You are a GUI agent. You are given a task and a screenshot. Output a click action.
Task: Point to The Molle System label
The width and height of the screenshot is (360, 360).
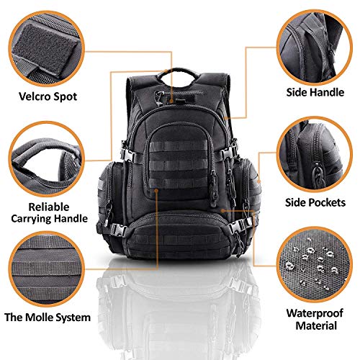point(48,318)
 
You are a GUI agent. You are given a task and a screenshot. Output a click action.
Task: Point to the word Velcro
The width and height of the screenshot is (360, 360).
point(33,95)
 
